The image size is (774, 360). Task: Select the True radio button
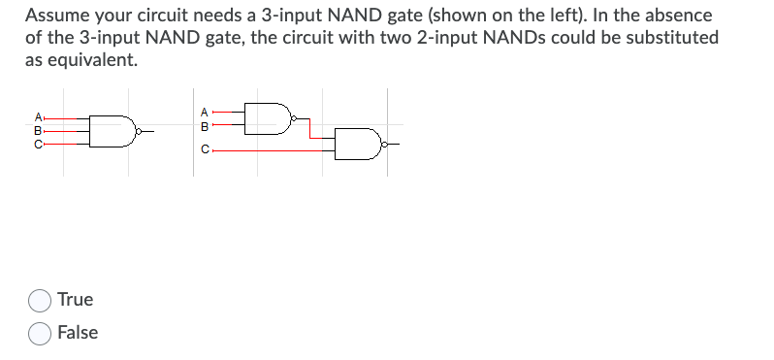coord(41,300)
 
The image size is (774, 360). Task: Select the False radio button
coord(41,333)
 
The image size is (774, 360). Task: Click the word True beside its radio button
coord(75,300)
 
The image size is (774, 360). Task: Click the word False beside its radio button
coord(78,333)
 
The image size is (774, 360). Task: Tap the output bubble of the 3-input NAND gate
coord(141,129)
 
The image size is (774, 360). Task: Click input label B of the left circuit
coord(38,129)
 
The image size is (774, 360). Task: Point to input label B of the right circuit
coord(205,124)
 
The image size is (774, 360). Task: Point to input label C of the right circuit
coord(205,150)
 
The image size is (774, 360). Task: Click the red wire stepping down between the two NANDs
coord(310,129)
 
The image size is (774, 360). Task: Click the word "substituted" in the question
coord(669,37)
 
